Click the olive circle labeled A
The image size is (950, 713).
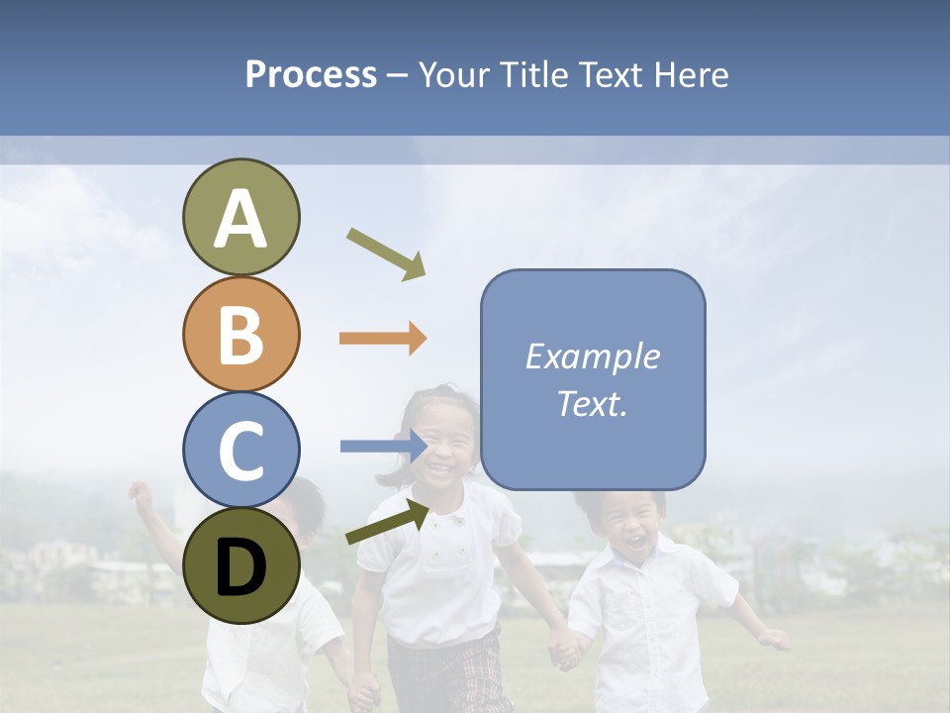(x=240, y=217)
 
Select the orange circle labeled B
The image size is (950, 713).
(x=240, y=334)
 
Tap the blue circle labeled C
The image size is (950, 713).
(x=240, y=450)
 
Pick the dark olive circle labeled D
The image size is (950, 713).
(x=240, y=565)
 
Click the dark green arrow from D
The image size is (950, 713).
(x=387, y=522)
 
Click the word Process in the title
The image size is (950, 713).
(x=311, y=74)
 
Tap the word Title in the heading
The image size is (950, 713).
(x=532, y=74)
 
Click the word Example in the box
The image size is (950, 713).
(x=592, y=356)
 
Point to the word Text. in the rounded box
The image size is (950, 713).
(x=592, y=403)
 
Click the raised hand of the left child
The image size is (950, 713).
(x=141, y=494)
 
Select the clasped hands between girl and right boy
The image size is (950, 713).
(x=565, y=651)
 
